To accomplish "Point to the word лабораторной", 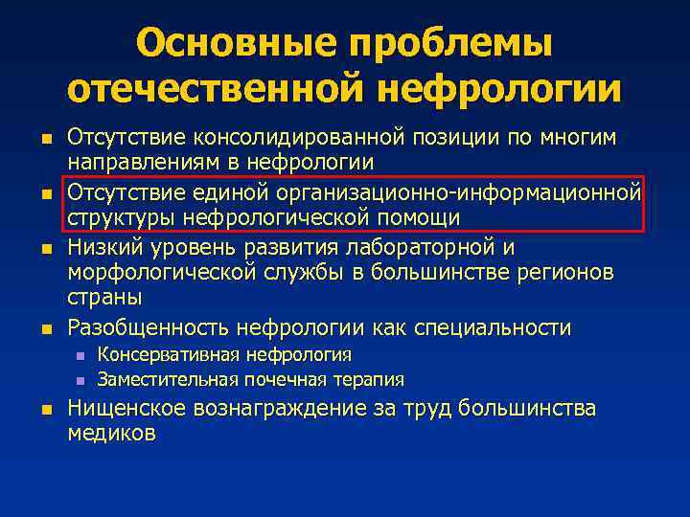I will pos(435,248).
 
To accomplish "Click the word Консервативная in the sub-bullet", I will pos(169,356).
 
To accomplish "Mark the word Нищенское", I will pos(126,410).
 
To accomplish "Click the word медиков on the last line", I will pos(110,433).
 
